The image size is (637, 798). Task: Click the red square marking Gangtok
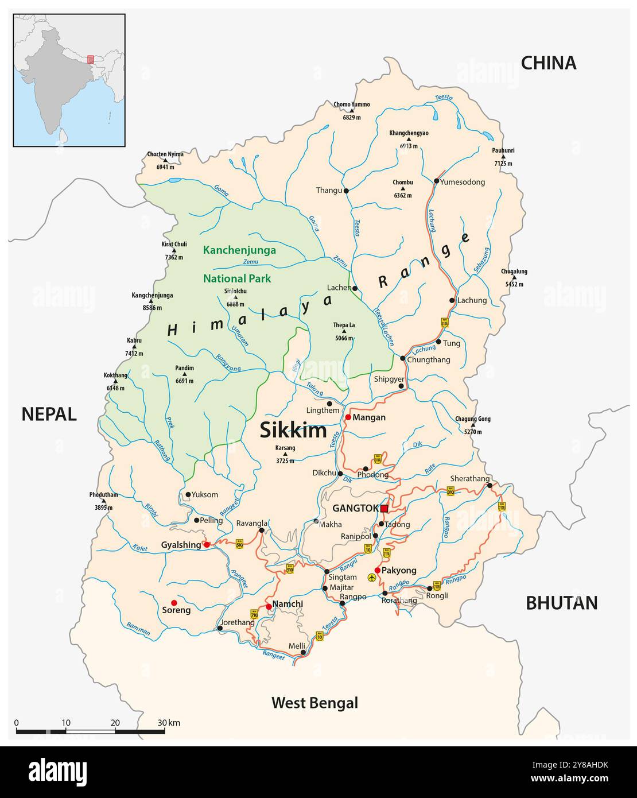click(384, 508)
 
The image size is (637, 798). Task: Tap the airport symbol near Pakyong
click(372, 578)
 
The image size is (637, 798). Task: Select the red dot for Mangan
click(348, 417)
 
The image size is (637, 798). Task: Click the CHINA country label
click(548, 63)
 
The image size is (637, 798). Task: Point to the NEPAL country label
click(49, 414)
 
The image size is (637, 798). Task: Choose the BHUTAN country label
click(561, 603)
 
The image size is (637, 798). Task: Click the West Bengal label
click(314, 703)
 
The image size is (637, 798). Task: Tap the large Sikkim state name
click(293, 430)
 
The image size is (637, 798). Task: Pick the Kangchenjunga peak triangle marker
click(152, 303)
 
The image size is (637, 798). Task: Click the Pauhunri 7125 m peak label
click(503, 157)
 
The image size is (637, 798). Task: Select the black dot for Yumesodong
click(436, 181)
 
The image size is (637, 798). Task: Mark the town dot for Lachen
click(355, 288)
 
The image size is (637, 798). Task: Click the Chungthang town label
click(429, 360)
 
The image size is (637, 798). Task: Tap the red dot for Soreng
click(174, 603)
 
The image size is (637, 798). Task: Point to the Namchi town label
click(288, 604)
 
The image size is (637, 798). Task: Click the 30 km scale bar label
click(169, 723)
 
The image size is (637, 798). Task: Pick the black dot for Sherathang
click(490, 486)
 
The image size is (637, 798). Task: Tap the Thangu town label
click(328, 191)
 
